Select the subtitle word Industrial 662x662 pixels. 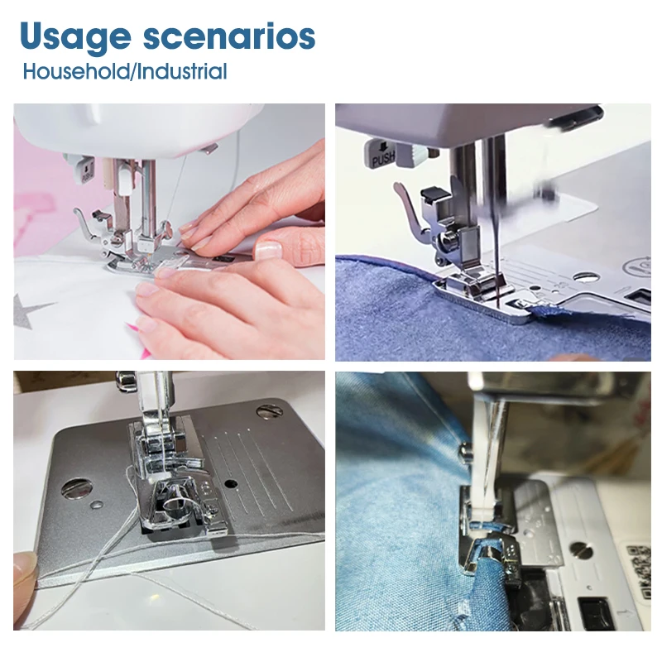pos(182,71)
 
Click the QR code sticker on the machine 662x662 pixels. pos(638,570)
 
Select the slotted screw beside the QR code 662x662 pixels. pos(581,549)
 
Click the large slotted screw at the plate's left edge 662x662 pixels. pos(76,488)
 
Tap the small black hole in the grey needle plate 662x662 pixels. pos(231,483)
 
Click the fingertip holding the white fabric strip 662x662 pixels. pos(25,568)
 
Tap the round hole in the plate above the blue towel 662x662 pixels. pos(586,277)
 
